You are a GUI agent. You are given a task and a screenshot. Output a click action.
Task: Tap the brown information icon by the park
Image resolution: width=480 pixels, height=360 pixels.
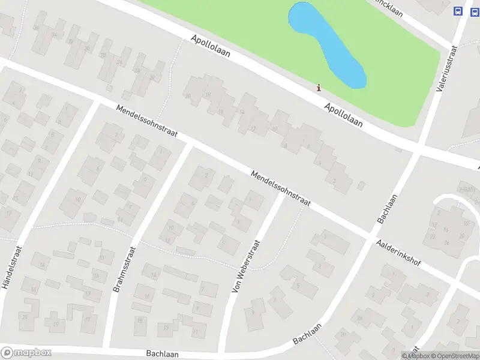pyautogui.click(x=319, y=88)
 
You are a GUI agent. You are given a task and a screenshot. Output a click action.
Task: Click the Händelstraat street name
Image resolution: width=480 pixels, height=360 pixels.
pyautogui.click(x=11, y=267)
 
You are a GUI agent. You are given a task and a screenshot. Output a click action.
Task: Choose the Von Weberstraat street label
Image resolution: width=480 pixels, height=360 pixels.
pyautogui.click(x=245, y=266)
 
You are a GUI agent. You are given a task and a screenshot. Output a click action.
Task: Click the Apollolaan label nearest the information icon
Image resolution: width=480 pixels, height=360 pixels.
pyautogui.click(x=344, y=114)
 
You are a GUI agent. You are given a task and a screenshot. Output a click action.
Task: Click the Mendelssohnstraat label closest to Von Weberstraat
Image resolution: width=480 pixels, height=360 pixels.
pyautogui.click(x=280, y=188)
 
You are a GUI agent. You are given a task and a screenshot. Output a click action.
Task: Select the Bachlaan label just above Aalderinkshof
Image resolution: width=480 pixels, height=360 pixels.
pyautogui.click(x=388, y=208)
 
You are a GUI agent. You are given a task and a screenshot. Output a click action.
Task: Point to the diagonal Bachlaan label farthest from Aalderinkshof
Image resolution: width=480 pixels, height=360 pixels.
pyautogui.click(x=308, y=334)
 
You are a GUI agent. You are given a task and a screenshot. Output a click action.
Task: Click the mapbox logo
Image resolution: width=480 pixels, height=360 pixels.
pyautogui.click(x=26, y=353)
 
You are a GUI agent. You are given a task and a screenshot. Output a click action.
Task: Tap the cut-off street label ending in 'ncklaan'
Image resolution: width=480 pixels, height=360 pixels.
pyautogui.click(x=388, y=7)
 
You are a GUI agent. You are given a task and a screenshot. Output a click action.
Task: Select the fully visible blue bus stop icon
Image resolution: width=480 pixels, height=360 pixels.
pyautogui.click(x=458, y=11)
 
